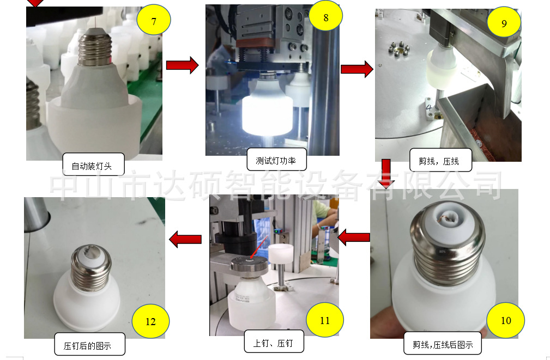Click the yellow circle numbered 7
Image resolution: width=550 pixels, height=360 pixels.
tap(154, 21)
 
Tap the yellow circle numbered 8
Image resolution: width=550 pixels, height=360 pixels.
tap(325, 17)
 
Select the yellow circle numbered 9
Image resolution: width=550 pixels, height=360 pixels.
tap(504, 23)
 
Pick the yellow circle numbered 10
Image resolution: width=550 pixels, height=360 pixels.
tap(506, 320)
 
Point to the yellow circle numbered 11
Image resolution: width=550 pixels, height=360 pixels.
tap(325, 320)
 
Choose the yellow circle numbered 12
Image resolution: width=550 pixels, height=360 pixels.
tap(150, 321)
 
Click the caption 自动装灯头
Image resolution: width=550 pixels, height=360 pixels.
tap(94, 166)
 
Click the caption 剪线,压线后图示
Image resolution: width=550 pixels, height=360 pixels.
tap(443, 344)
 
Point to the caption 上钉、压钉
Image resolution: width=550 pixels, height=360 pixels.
tap(273, 343)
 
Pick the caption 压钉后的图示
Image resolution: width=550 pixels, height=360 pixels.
tap(89, 345)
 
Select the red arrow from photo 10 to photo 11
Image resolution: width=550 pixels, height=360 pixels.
tap(354, 237)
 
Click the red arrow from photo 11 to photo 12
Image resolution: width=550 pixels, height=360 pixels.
tap(186, 239)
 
